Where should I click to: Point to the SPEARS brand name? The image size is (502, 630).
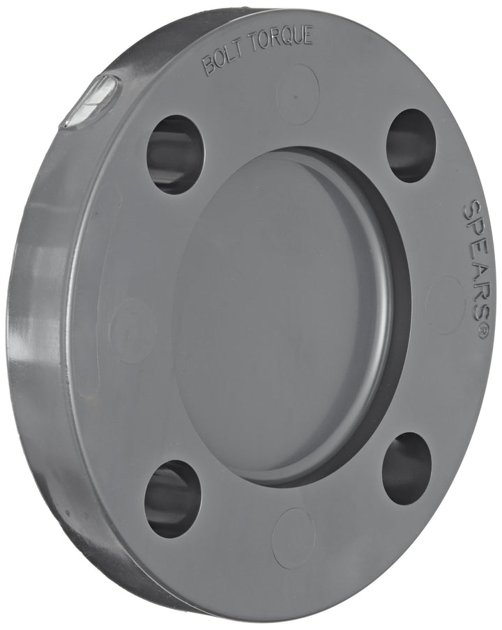[x=475, y=261]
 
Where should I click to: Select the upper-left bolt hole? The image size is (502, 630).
[x=175, y=154]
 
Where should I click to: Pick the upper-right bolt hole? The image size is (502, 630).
[x=411, y=146]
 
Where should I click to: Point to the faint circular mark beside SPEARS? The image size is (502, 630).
[x=444, y=304]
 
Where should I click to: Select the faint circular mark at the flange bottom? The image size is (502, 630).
[x=294, y=537]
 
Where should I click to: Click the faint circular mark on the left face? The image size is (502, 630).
[x=132, y=330]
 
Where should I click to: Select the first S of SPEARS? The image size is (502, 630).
[x=472, y=210]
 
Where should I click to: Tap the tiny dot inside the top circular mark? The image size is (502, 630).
[x=296, y=97]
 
